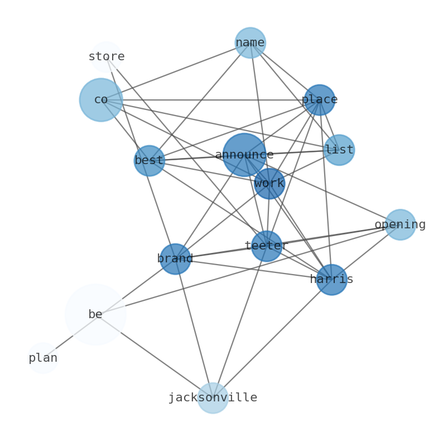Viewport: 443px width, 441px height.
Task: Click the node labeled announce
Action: [x=244, y=155]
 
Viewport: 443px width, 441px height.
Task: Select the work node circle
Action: [x=269, y=183]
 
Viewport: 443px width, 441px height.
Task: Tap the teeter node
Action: [x=266, y=246]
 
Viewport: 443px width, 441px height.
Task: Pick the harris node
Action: [x=331, y=279]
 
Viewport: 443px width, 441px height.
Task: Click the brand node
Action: [x=175, y=258]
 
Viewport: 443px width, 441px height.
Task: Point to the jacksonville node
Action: [x=213, y=397]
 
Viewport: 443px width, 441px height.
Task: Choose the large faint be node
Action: [x=95, y=314]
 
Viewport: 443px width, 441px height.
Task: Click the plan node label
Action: [x=43, y=358]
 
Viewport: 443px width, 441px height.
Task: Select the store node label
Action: [x=106, y=56]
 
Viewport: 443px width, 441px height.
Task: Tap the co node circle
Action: [x=100, y=99]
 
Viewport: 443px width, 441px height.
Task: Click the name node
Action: [x=250, y=42]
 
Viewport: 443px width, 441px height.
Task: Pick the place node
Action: [x=319, y=100]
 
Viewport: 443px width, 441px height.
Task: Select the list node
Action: [x=339, y=150]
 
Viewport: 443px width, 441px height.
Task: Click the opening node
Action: [x=400, y=224]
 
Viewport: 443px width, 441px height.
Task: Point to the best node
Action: [x=149, y=160]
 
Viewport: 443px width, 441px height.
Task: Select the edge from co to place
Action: [x=212, y=100]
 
